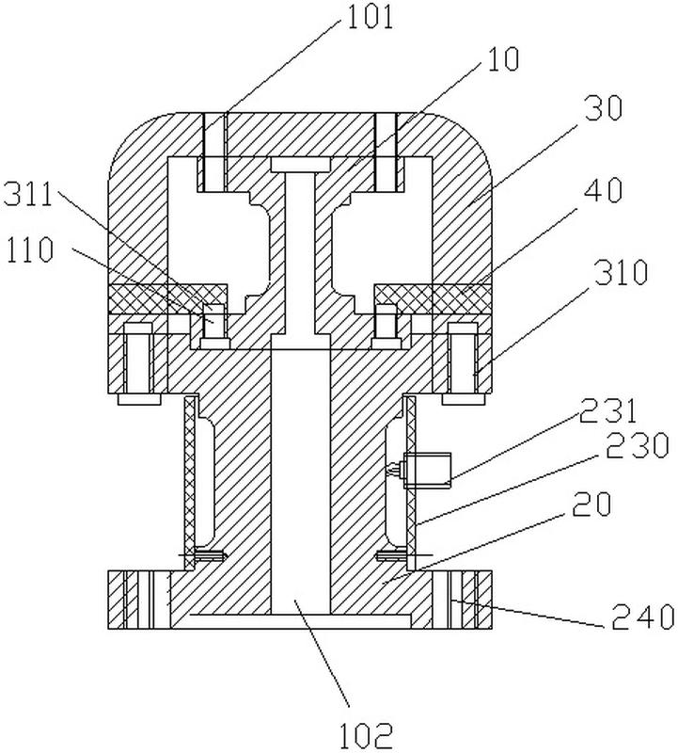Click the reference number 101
coord(370,17)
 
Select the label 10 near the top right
coord(503,59)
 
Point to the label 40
coord(604,190)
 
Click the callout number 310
coord(622,273)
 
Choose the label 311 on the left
coord(27,196)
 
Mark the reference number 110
coord(30,249)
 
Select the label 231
coord(608,411)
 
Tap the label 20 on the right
coord(592,504)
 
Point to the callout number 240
coord(643,617)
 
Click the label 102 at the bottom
coord(367,734)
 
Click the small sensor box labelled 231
coord(427,470)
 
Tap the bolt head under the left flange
coord(139,399)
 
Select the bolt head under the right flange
coord(463,399)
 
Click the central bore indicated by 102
coord(301,481)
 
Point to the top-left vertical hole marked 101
coord(214,152)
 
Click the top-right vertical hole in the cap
coord(386,152)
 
